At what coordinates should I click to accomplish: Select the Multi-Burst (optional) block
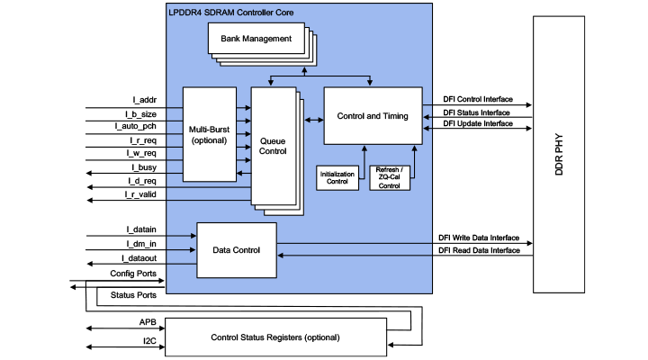tap(209, 135)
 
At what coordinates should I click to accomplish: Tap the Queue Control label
tap(273, 147)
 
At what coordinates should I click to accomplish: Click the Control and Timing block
tap(373, 115)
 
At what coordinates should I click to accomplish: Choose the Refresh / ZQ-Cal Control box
tap(390, 177)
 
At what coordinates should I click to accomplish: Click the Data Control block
tap(236, 249)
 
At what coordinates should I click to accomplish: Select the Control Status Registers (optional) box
tap(275, 337)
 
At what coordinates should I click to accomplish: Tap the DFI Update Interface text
tap(479, 123)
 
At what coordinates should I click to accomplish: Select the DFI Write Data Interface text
tap(479, 238)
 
